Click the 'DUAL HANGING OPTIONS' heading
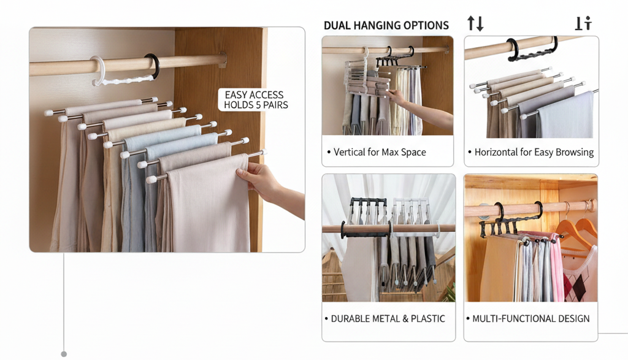point(386,26)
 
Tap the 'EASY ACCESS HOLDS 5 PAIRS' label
point(256,100)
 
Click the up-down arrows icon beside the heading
point(475,24)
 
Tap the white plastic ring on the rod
point(98,71)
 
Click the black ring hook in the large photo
point(152,65)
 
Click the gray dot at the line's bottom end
point(64,354)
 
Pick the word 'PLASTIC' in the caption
point(428,319)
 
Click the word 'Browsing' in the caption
point(575,153)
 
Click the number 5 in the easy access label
point(258,105)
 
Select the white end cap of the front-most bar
point(151,180)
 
